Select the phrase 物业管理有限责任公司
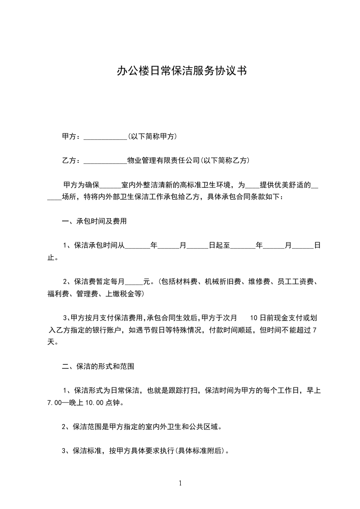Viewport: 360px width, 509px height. (163, 161)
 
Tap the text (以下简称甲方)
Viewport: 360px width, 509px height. (153, 137)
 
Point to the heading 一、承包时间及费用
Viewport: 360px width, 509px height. (94, 222)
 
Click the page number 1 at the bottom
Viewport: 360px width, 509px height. (180, 484)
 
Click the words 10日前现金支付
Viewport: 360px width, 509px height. (275, 318)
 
